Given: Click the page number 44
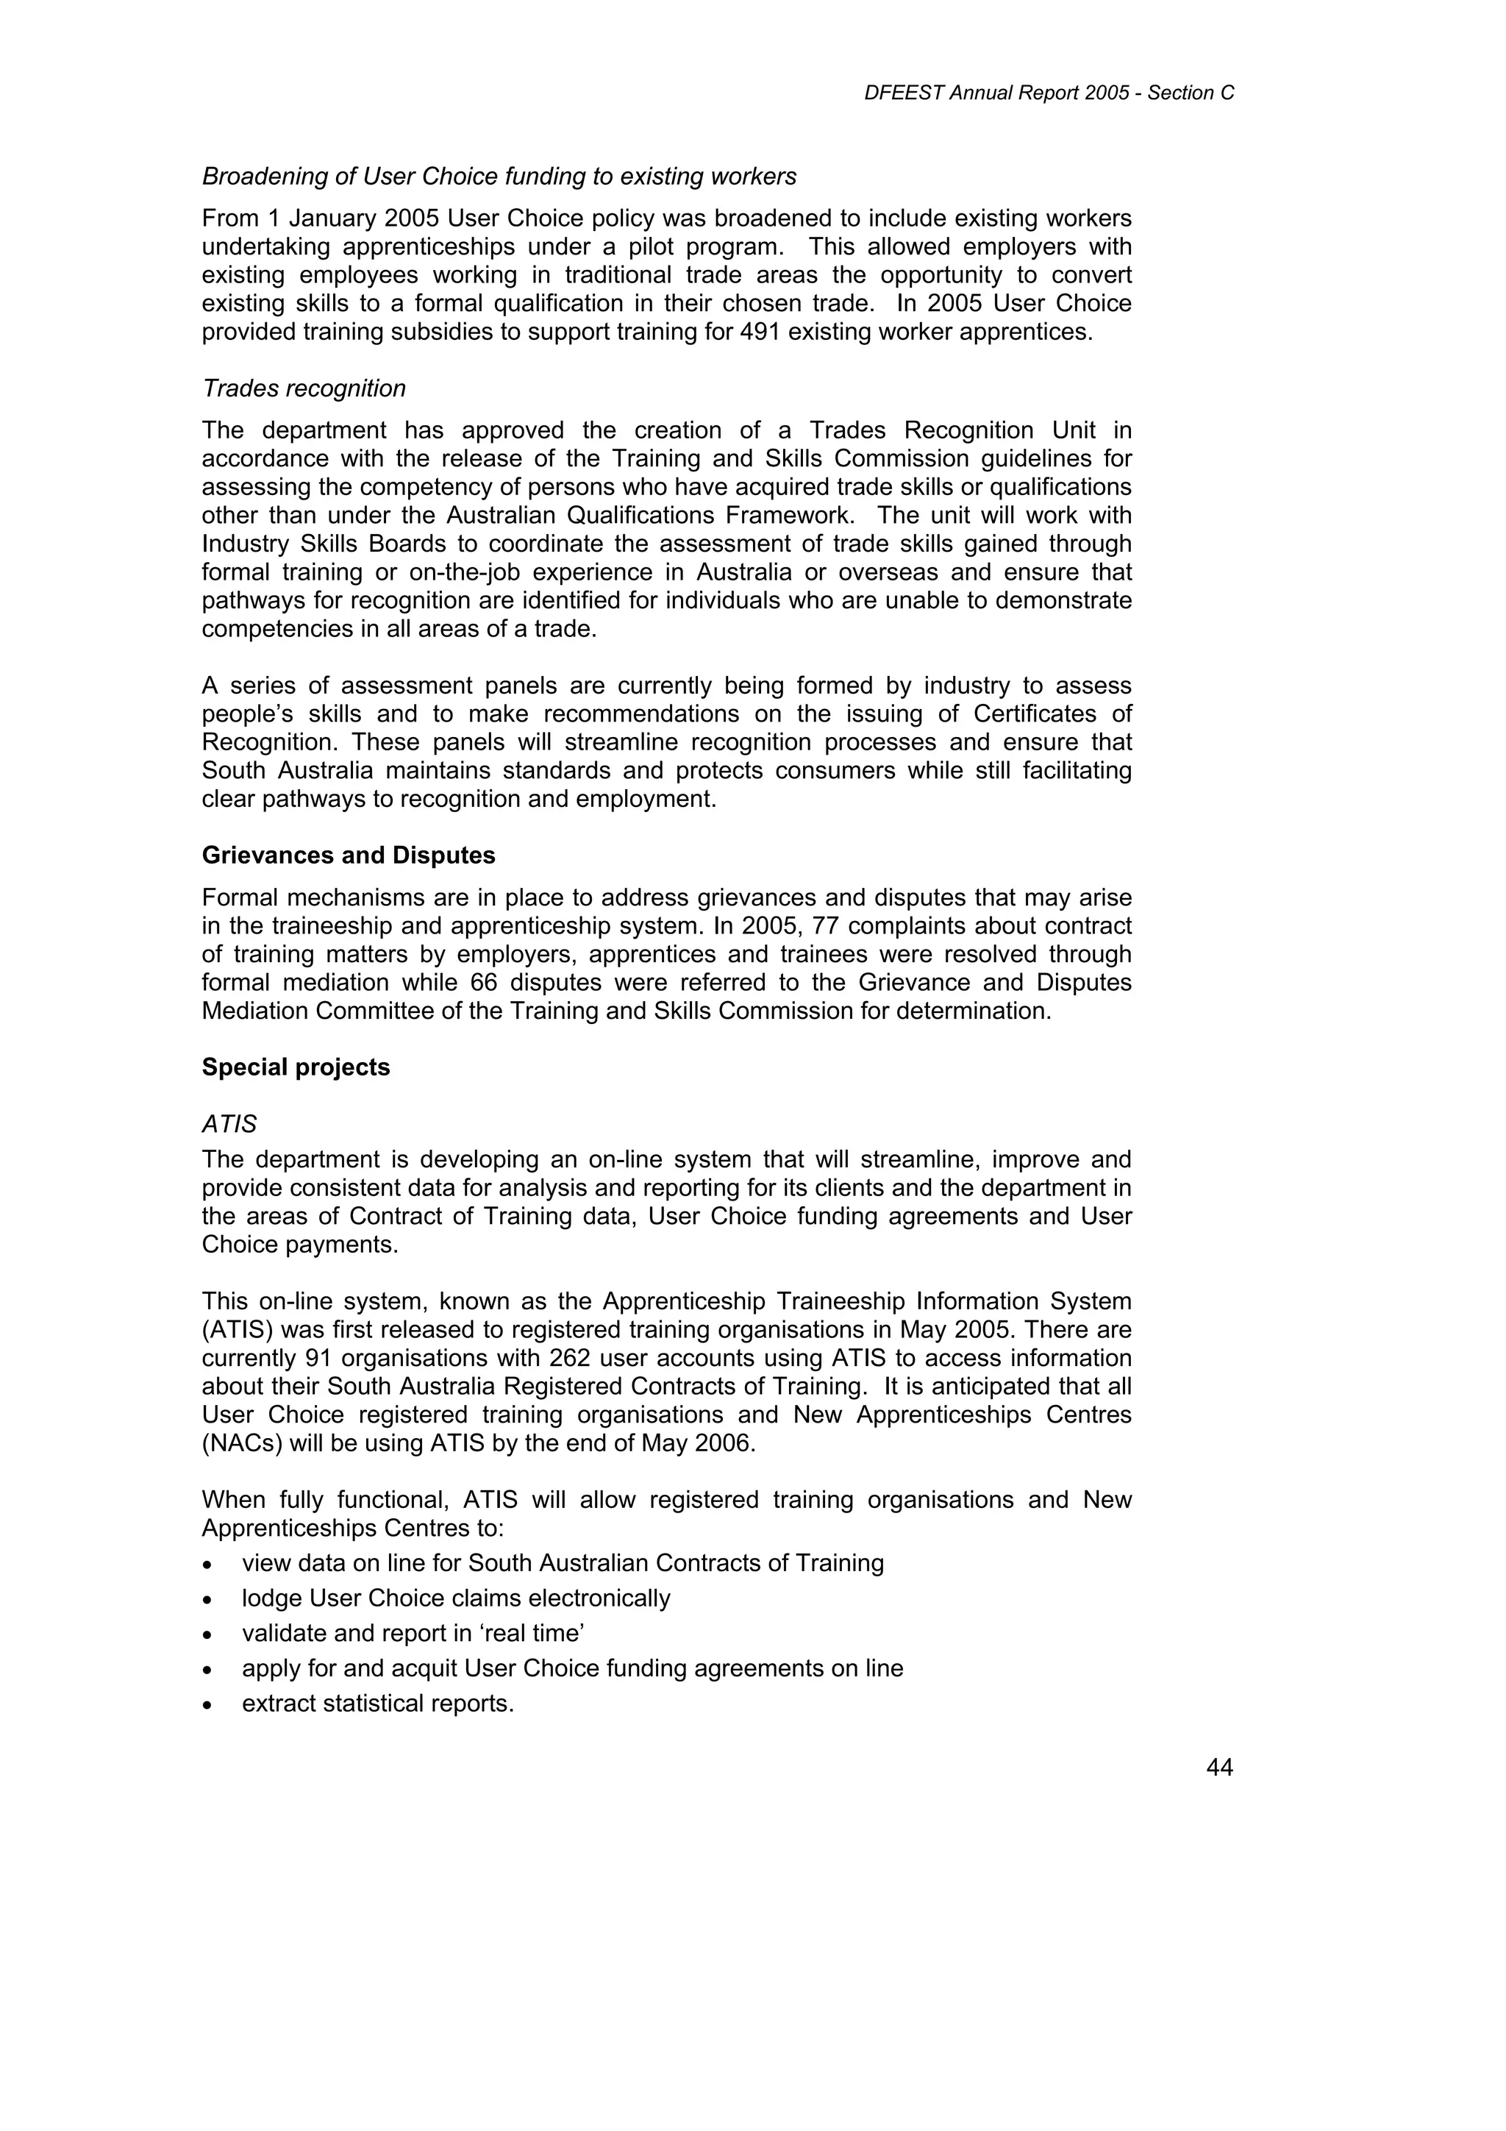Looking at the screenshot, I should pyautogui.click(x=1219, y=1768).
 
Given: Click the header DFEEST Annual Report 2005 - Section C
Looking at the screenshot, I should pyautogui.click(x=1049, y=93).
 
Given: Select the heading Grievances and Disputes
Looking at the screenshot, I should pyautogui.click(x=348, y=855).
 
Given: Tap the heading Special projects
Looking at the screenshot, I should pyautogui.click(x=296, y=1067).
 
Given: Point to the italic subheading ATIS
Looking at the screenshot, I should pyautogui.click(x=229, y=1124).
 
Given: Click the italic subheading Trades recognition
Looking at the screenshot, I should pyautogui.click(x=304, y=389).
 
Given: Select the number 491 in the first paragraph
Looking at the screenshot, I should pyautogui.click(x=760, y=332).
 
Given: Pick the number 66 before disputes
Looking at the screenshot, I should pyautogui.click(x=496, y=983).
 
